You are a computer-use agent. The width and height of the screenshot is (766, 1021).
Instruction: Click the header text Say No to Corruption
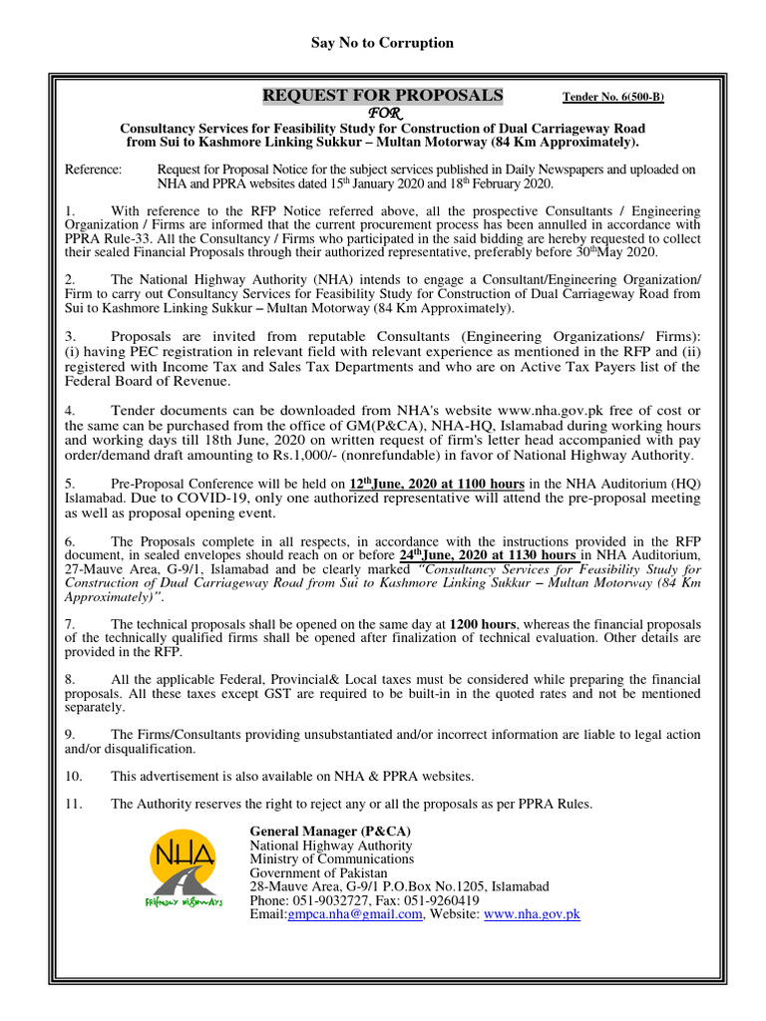point(383,43)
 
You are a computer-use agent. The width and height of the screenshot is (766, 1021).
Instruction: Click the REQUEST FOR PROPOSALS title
point(383,96)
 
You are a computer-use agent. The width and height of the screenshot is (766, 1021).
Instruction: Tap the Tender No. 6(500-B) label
point(613,97)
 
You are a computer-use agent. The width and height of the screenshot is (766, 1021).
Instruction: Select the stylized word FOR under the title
point(382,113)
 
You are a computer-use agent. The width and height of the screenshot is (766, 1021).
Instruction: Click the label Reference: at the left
point(93,170)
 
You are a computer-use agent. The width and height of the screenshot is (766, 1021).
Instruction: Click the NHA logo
point(186,868)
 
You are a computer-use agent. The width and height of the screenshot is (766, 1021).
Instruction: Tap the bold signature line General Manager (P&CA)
point(330,831)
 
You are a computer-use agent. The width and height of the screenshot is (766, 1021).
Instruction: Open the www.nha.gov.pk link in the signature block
point(532,914)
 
